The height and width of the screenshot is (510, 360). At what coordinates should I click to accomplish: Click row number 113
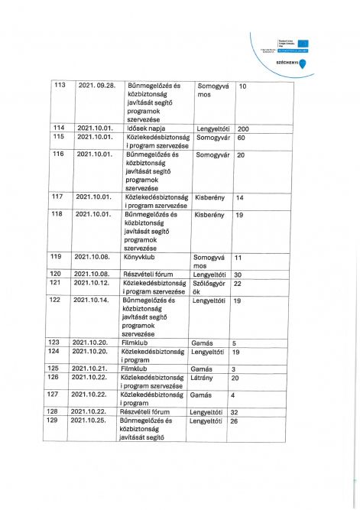click(x=60, y=85)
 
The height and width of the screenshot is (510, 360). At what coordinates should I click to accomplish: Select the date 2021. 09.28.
click(x=96, y=85)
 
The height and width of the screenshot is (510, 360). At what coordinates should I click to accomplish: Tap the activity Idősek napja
click(x=149, y=128)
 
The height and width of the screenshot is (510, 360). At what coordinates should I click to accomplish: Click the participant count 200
click(x=244, y=128)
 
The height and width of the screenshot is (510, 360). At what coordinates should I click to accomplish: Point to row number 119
click(x=56, y=257)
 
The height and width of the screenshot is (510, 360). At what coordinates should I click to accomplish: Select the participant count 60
click(x=241, y=138)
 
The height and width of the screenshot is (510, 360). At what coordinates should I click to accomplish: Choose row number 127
click(x=54, y=395)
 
